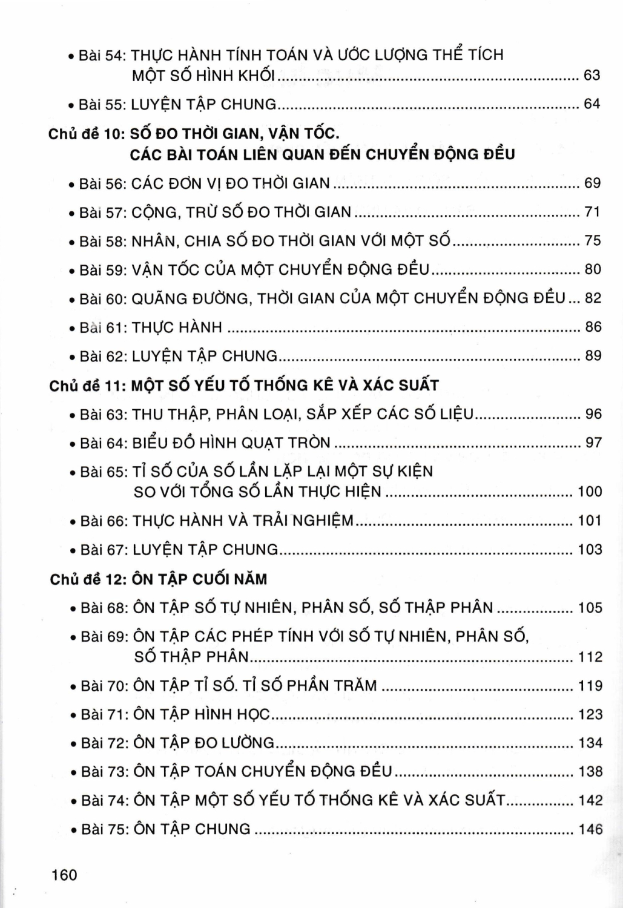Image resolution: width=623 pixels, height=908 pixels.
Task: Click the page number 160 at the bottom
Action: click(x=65, y=875)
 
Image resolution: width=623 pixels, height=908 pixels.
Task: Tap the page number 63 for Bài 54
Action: click(x=592, y=76)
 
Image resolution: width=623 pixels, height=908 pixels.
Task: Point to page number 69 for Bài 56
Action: click(x=592, y=183)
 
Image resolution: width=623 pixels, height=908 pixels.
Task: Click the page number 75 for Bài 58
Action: click(x=592, y=241)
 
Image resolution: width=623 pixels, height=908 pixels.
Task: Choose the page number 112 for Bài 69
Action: click(x=590, y=657)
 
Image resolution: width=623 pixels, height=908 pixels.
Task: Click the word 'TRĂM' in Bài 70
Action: click(x=356, y=686)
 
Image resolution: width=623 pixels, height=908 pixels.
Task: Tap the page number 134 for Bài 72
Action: click(x=590, y=743)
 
